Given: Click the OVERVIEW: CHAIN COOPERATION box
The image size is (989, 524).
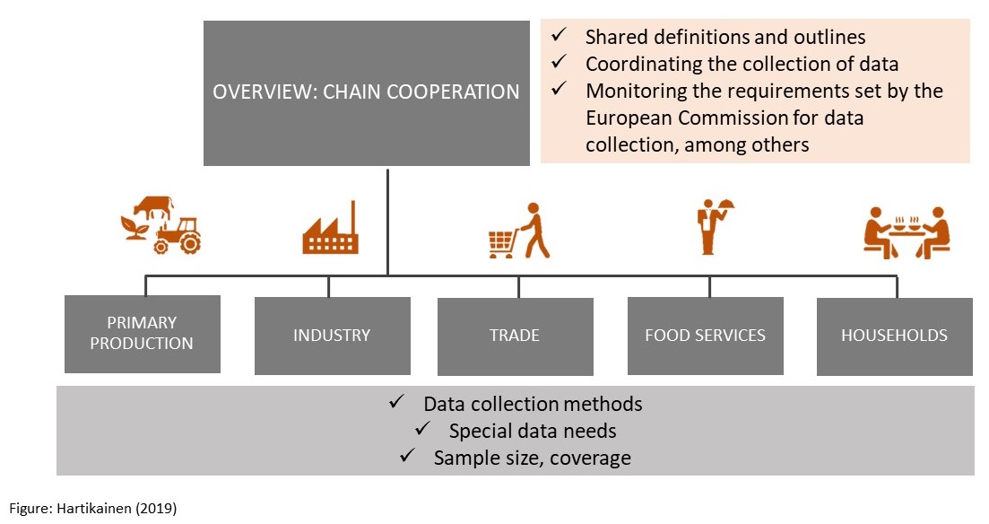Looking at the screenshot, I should (366, 92).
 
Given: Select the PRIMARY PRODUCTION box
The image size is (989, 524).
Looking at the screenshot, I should (143, 334).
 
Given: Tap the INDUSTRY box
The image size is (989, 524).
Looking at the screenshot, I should (332, 336).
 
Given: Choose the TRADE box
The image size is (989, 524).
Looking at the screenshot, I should (515, 336).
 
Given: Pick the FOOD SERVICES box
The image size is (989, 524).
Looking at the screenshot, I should (705, 336).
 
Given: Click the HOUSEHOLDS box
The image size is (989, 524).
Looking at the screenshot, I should (894, 336).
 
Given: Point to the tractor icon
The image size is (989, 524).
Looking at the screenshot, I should (178, 236).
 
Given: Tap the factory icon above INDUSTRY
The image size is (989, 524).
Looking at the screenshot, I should (330, 230).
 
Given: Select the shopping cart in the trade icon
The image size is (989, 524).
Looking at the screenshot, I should (501, 244).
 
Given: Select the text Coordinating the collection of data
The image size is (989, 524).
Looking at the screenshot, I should (742, 65).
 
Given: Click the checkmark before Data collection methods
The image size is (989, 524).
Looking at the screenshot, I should (398, 403).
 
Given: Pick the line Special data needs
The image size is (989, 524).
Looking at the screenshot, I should (533, 431).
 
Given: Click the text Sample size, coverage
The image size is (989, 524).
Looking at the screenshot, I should (533, 458).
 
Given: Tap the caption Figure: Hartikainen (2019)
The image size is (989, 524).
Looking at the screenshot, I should (94, 509).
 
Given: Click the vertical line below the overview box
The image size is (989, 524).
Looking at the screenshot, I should (387, 220).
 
